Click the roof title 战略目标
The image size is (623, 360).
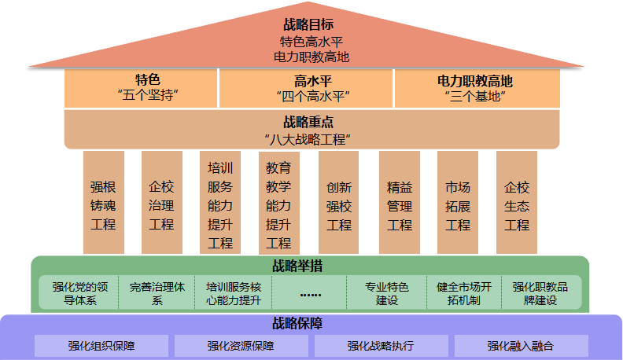(x=311, y=25)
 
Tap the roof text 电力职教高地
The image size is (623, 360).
(x=311, y=57)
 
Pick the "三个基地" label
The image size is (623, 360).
(x=474, y=97)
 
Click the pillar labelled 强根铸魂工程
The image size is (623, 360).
(x=103, y=203)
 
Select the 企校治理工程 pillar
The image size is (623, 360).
(x=161, y=203)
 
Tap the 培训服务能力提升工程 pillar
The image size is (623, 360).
(x=220, y=203)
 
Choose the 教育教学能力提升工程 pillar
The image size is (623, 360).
(x=278, y=203)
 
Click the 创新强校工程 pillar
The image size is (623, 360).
(x=338, y=203)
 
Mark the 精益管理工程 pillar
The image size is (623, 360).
(x=400, y=203)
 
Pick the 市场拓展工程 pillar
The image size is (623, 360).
(x=458, y=203)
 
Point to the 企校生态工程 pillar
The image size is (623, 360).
(x=517, y=203)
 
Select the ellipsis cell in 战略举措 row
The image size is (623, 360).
(x=311, y=293)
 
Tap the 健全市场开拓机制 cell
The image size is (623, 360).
(x=463, y=293)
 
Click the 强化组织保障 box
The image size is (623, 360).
(x=101, y=346)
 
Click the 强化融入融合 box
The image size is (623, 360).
(x=521, y=346)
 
